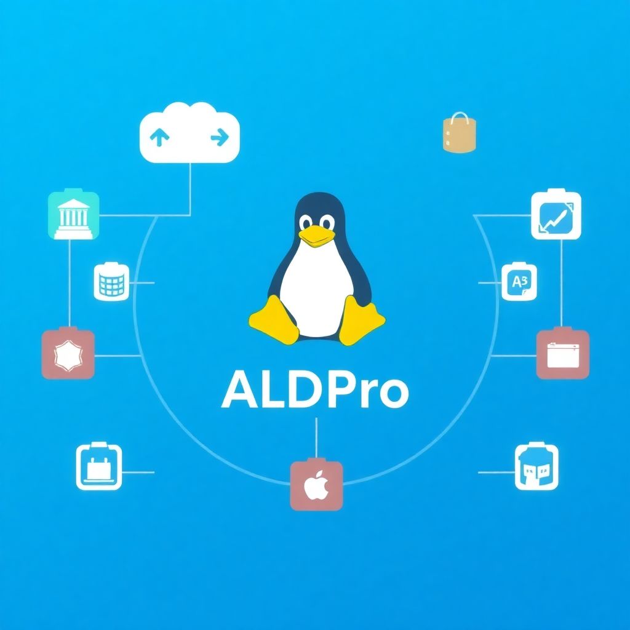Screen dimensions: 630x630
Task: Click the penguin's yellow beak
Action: coord(316,237)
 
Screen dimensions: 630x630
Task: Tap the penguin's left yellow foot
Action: coord(274,320)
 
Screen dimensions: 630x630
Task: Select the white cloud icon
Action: coord(189,133)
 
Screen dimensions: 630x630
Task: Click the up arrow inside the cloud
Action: coord(159,137)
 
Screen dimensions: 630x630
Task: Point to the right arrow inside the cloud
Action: coord(220,137)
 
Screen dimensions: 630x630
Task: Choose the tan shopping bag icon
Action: coord(459,133)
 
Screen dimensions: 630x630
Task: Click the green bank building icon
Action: coord(74,214)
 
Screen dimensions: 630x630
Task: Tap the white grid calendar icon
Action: coord(111,282)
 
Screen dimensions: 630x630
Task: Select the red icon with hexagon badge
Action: coord(68,354)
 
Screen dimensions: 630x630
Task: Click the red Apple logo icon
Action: coord(317,485)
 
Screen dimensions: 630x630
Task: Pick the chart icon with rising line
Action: coord(556,215)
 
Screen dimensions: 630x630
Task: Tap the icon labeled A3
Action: coord(519,282)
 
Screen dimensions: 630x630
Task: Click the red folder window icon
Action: coord(563,354)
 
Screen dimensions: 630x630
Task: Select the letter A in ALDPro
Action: coord(240,389)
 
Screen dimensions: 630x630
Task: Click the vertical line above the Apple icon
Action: coord(316,438)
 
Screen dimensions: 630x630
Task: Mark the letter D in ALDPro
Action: coord(312,389)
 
